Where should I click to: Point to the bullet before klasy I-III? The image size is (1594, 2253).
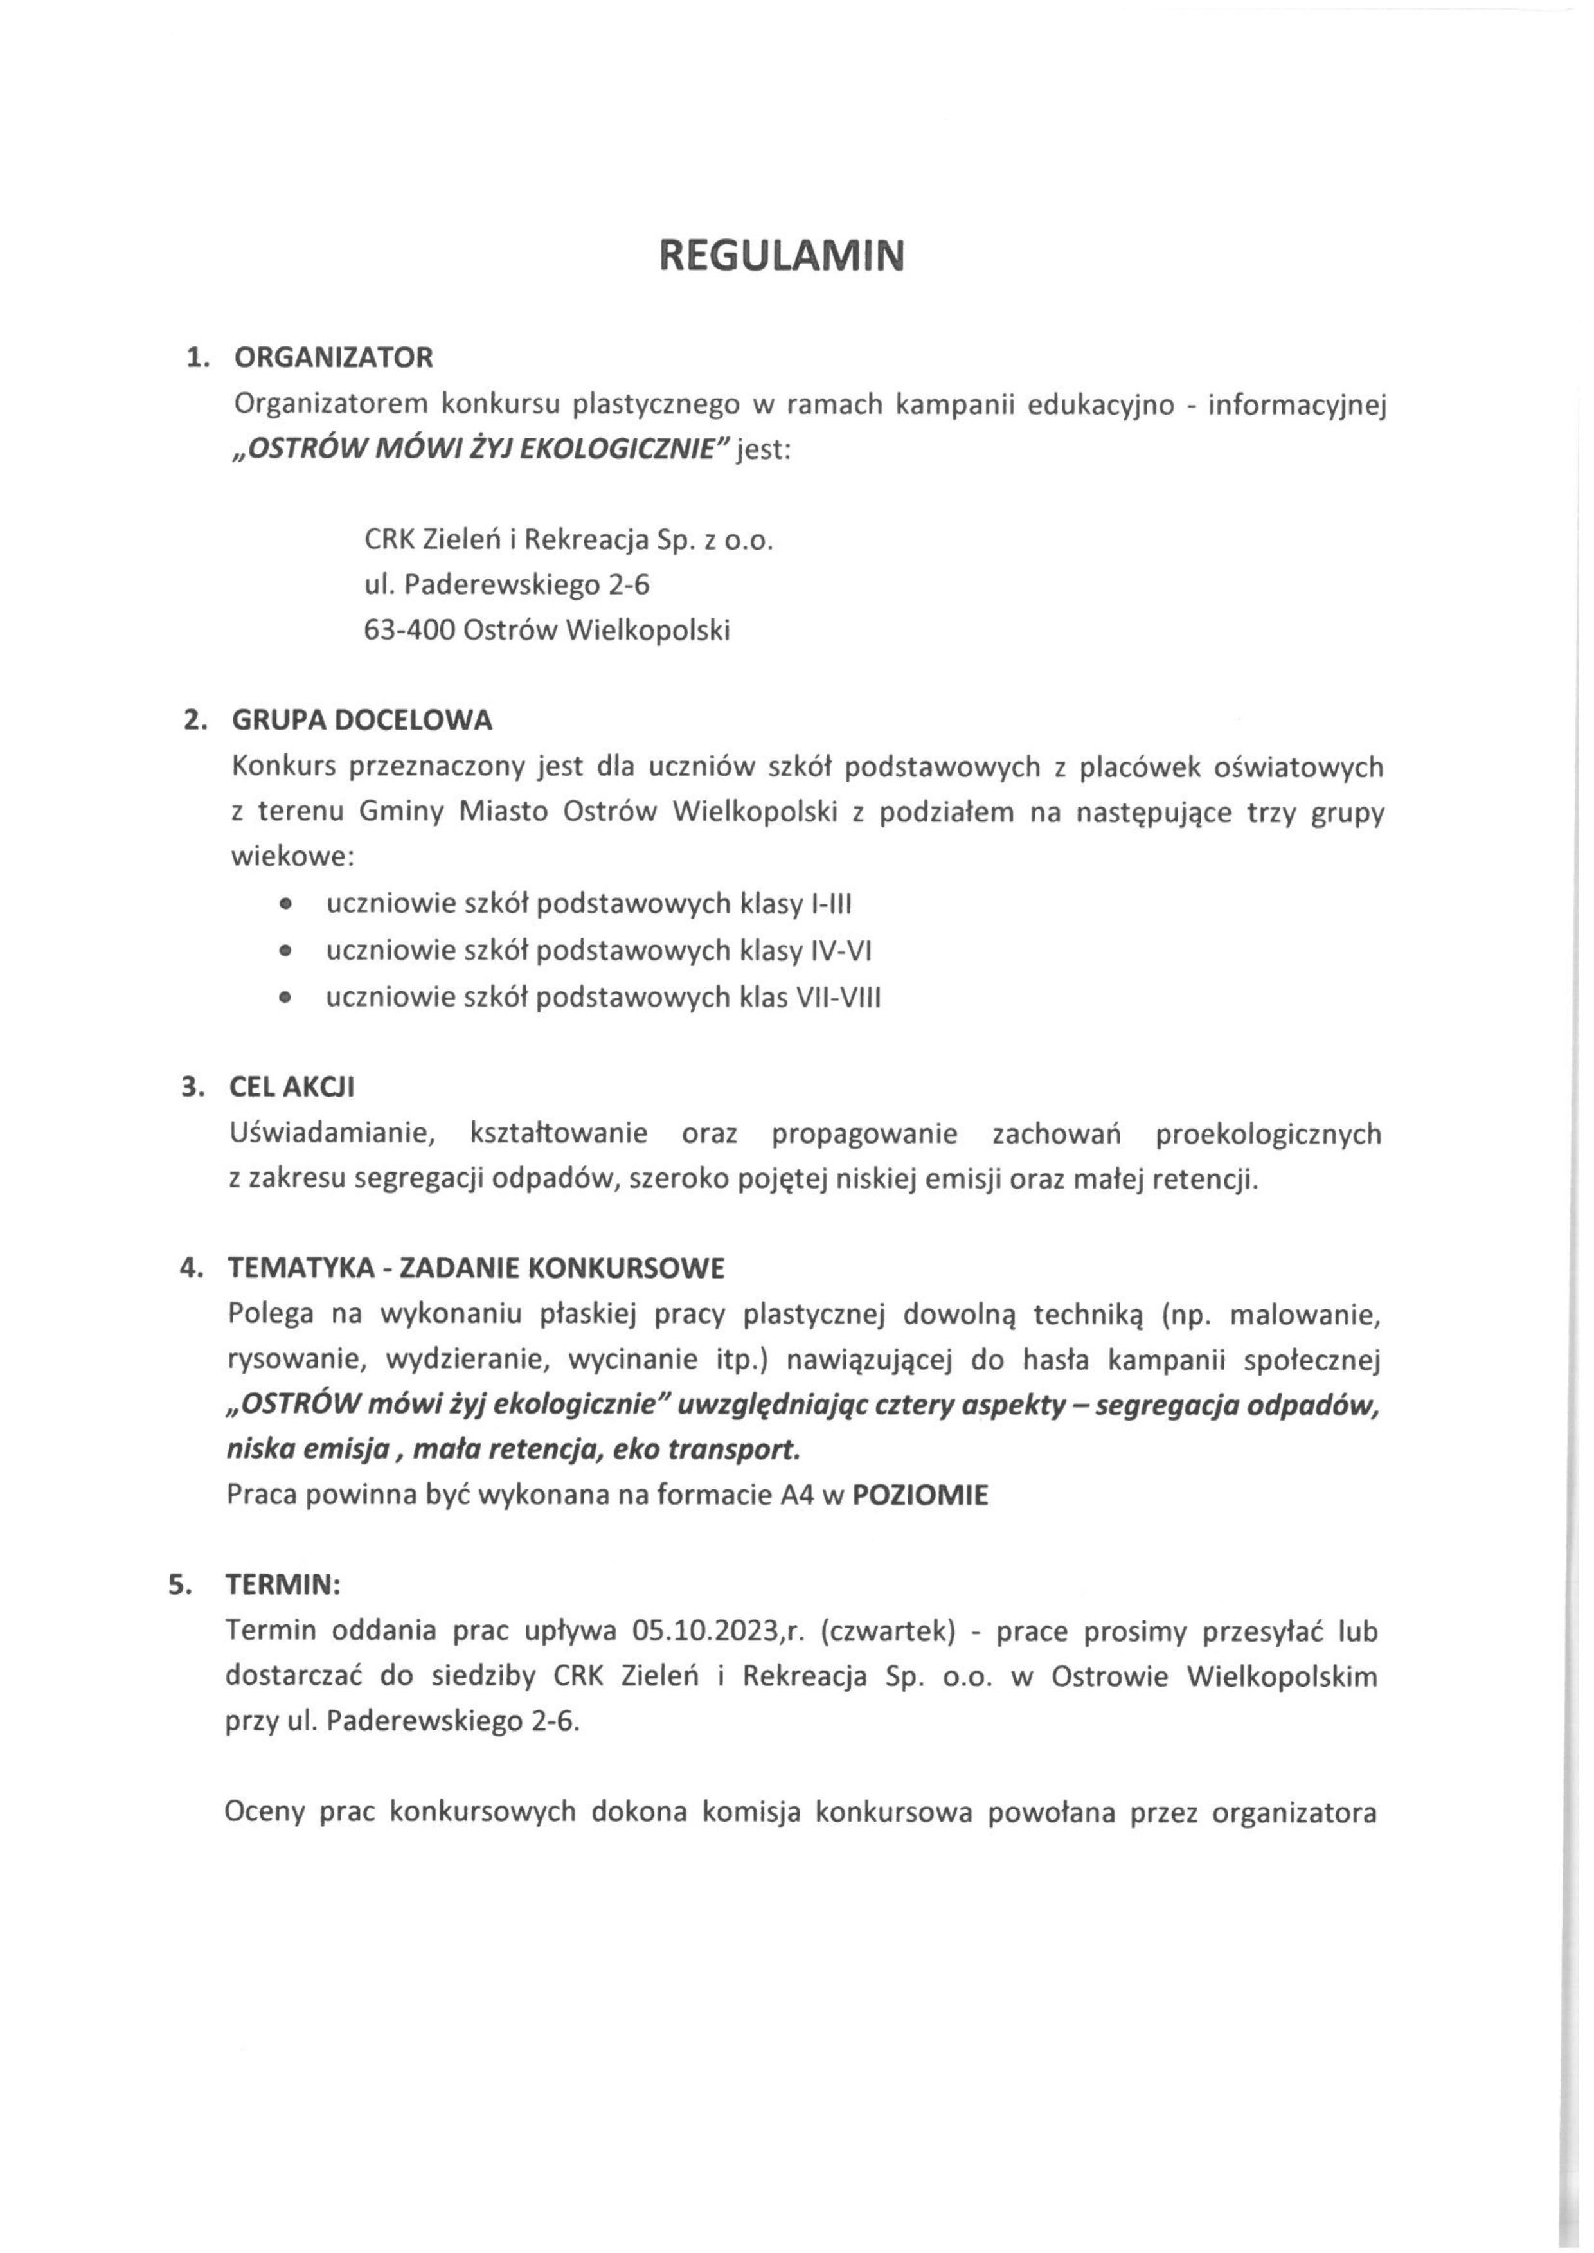285,904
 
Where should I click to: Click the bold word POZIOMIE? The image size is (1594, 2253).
920,1496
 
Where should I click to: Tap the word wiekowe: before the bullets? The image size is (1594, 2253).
292,857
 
